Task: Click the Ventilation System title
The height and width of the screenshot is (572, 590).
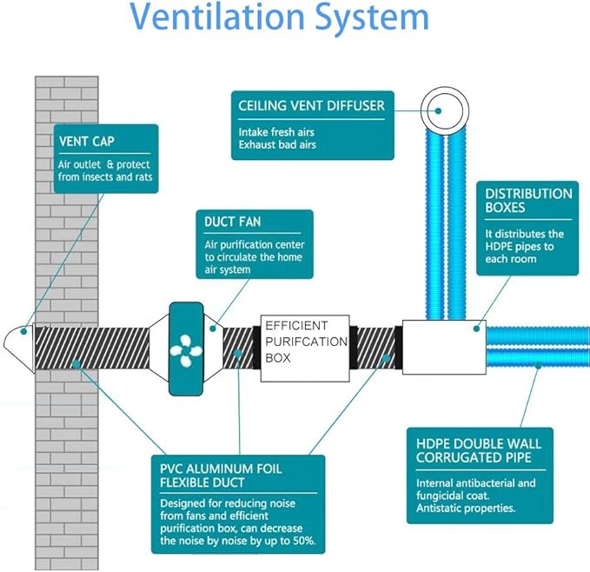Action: pos(279,17)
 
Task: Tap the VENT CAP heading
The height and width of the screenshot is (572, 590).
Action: pos(87,142)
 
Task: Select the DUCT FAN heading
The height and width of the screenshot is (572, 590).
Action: pos(233,222)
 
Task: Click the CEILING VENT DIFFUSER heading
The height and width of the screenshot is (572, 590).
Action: pos(312,106)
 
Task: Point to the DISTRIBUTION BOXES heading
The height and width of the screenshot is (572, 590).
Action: pos(528,201)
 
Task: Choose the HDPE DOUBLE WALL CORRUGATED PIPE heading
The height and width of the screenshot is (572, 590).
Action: pos(479,451)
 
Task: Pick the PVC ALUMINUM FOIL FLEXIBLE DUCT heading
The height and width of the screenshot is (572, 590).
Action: pos(221,476)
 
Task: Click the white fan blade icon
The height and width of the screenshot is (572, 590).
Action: pos(186,351)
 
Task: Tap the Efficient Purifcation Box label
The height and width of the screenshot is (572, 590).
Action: pos(306,342)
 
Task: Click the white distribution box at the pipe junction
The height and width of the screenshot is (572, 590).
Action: pos(444,348)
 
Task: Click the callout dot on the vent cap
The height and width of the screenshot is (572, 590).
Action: pos(23,331)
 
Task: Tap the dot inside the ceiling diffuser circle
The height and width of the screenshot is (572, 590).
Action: pos(438,111)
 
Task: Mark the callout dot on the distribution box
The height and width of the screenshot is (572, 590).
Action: pos(476,329)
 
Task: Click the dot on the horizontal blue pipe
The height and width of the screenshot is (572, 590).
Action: pos(539,365)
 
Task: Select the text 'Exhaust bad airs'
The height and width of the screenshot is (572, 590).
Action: pos(277,145)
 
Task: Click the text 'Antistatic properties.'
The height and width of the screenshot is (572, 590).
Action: pos(466,509)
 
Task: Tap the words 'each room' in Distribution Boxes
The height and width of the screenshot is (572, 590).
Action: pos(511,259)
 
